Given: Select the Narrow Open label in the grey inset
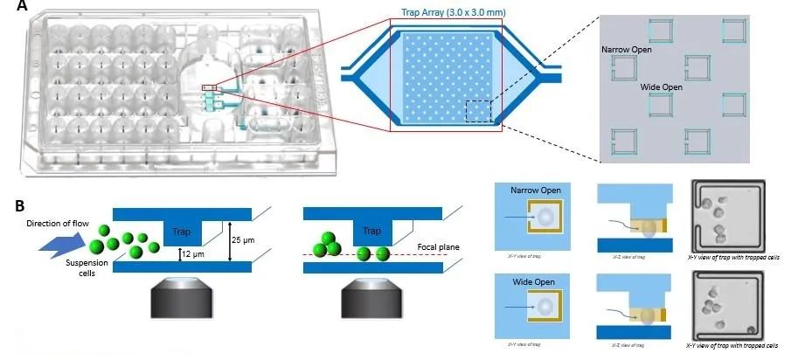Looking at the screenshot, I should [x=627, y=50].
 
